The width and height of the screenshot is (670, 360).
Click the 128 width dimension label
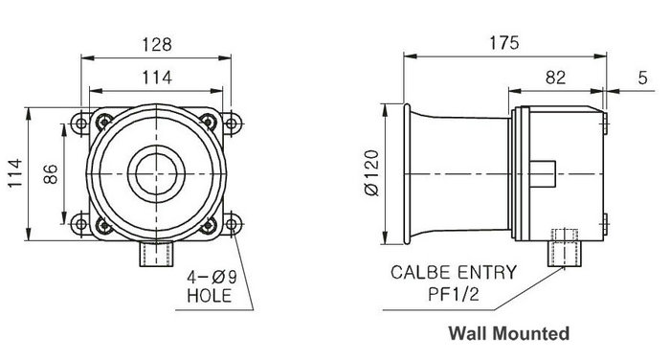[x=157, y=44]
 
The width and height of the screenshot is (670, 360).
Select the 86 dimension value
[x=51, y=173]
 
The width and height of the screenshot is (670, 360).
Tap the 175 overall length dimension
[x=504, y=43]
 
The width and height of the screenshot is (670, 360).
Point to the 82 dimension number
[x=555, y=78]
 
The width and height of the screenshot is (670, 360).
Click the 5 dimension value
[x=642, y=78]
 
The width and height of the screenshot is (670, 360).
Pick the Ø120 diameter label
[x=372, y=172]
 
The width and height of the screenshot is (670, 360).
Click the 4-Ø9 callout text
[x=212, y=278]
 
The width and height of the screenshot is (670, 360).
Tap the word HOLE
[x=210, y=296]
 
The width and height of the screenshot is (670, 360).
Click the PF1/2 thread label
[x=454, y=294]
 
